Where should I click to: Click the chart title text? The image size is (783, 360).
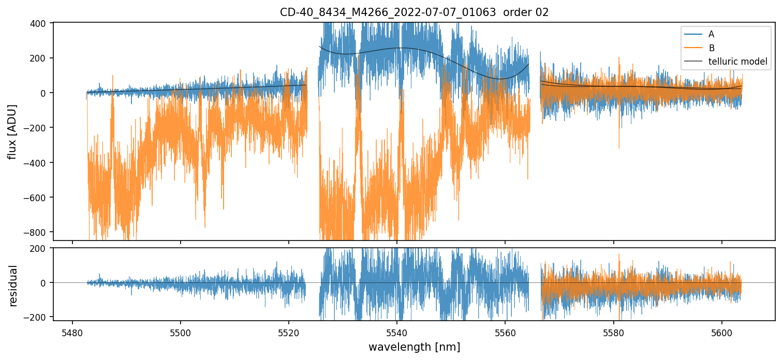[x=414, y=12]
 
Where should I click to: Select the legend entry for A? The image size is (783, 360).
[x=711, y=34]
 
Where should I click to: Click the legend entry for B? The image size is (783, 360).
[x=711, y=48]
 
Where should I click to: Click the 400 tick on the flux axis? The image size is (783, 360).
[x=40, y=23]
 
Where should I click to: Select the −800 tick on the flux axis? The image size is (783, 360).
[x=37, y=232]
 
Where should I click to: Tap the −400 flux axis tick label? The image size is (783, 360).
[x=37, y=162]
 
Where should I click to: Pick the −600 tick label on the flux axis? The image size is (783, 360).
[x=37, y=198]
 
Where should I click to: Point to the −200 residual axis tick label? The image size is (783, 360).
[x=37, y=317]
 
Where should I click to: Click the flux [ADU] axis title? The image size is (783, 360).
[x=12, y=131]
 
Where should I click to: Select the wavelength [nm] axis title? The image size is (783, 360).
[x=414, y=347]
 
